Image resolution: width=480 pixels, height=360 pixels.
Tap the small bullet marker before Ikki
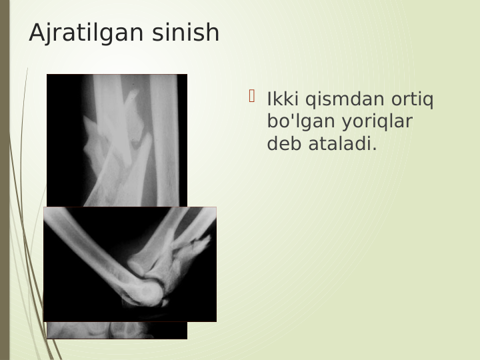pyautogui.click(x=252, y=97)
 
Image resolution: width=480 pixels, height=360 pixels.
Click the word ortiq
pyautogui.click(x=413, y=100)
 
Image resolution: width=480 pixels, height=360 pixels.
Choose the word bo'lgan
pyautogui.click(x=298, y=122)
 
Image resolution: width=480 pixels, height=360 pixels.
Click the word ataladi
pyautogui.click(x=340, y=143)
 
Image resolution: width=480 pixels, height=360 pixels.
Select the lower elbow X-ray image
pyautogui.click(x=130, y=264)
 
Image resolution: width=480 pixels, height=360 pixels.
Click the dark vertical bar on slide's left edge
pyautogui.click(x=5, y=180)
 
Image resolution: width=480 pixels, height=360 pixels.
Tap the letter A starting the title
pyautogui.click(x=37, y=33)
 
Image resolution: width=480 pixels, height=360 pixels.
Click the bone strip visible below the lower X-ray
pyautogui.click(x=117, y=331)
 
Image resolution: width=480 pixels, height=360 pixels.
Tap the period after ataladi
pyautogui.click(x=375, y=148)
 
